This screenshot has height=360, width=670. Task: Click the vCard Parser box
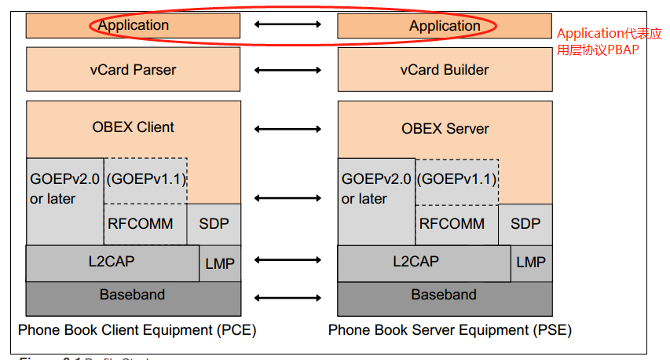coord(133,69)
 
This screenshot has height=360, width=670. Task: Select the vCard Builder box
coord(444,69)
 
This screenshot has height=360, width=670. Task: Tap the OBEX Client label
coord(134,127)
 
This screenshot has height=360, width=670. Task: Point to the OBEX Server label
coord(445,128)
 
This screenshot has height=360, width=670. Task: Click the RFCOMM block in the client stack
coord(145,224)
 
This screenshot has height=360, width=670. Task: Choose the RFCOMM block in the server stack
coord(456,224)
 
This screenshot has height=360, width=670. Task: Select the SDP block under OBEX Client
coord(214,224)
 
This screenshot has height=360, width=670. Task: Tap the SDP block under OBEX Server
coord(525,224)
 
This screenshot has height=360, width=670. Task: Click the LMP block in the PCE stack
coord(220,263)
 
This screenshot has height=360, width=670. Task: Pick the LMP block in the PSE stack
coord(531,263)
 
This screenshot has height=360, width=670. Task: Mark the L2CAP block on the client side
coord(112,262)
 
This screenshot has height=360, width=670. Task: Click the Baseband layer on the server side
coord(444,296)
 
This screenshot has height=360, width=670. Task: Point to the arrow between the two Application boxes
coord(287,25)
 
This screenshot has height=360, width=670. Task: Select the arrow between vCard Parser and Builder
coord(287,70)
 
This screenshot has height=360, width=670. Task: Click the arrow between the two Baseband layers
coord(287,297)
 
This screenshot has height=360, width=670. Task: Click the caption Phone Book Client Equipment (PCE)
coord(137,329)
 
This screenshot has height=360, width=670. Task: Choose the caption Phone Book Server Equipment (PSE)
coord(449,329)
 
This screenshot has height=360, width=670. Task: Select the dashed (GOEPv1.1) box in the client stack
coord(145,180)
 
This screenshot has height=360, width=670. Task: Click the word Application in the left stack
coord(134,25)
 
